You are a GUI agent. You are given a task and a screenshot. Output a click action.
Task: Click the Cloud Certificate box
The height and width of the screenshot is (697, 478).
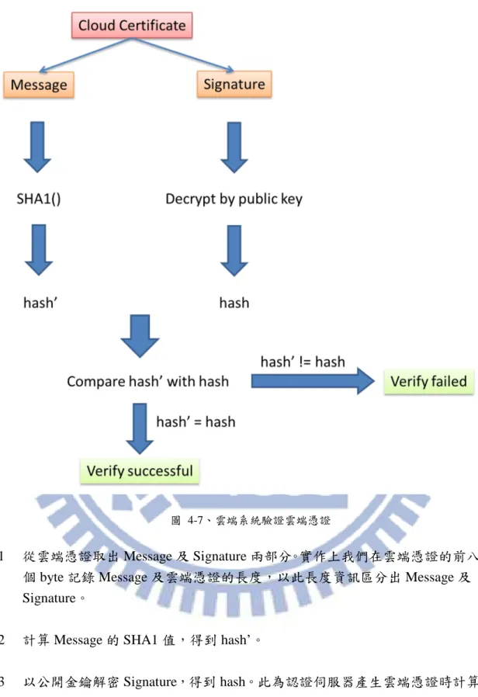(132, 26)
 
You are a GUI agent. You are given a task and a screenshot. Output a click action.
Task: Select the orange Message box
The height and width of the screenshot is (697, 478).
(39, 85)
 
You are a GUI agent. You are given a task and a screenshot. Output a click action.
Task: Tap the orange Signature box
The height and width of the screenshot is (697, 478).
(234, 84)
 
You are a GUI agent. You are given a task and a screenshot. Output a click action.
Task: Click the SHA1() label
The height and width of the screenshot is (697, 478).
(39, 199)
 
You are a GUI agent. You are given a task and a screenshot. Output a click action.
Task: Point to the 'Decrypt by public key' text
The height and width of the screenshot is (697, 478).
(234, 199)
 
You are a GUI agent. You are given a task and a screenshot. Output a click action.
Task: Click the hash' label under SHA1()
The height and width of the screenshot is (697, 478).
(40, 303)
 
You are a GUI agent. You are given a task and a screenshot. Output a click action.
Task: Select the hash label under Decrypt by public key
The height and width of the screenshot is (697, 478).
(234, 303)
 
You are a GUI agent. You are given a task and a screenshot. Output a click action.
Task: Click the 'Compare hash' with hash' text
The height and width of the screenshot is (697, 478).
(148, 381)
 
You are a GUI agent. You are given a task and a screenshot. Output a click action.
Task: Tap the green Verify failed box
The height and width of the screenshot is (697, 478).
(428, 381)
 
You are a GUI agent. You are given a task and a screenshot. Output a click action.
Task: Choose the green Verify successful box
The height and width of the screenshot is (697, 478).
(140, 470)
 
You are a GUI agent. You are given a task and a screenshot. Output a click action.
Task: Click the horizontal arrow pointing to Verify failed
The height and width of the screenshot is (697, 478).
(313, 381)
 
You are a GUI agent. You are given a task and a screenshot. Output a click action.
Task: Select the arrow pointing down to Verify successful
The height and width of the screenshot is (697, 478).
(140, 428)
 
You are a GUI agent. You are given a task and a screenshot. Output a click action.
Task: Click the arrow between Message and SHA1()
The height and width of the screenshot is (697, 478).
(37, 147)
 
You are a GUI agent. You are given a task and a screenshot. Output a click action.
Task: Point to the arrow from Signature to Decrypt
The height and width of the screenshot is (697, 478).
(234, 147)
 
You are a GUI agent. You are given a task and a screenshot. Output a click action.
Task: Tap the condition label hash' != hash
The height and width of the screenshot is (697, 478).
(303, 362)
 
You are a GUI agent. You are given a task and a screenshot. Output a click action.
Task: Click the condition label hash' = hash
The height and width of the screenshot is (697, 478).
(196, 421)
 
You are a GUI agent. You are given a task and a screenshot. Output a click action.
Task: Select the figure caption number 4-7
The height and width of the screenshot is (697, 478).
(195, 520)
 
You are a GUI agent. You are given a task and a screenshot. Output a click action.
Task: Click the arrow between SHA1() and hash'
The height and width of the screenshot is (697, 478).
(39, 250)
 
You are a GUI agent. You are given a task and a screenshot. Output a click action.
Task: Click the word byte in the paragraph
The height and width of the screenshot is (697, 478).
(52, 577)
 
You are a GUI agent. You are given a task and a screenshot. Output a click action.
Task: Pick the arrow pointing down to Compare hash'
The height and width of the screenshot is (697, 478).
(140, 336)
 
